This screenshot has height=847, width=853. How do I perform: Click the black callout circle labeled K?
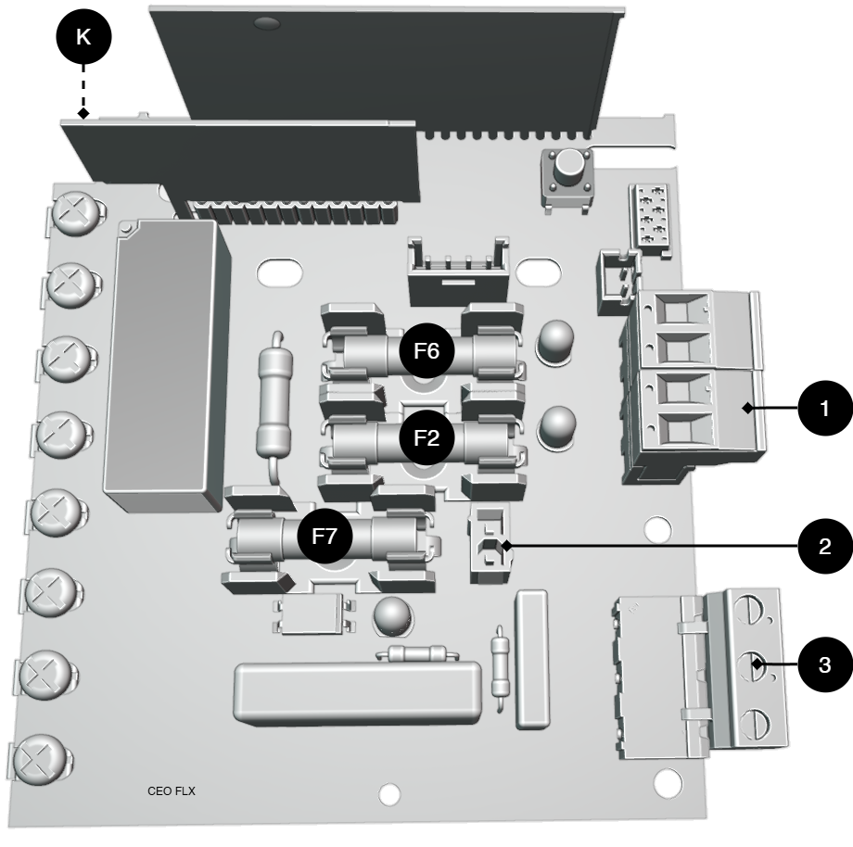pyautogui.click(x=83, y=36)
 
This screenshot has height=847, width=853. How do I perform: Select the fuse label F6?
pyautogui.click(x=426, y=350)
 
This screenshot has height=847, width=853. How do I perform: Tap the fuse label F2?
pyautogui.click(x=426, y=437)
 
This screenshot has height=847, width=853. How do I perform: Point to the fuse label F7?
pyautogui.click(x=325, y=536)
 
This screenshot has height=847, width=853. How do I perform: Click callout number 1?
pyautogui.click(x=824, y=408)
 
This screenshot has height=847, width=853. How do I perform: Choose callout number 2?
pyautogui.click(x=824, y=546)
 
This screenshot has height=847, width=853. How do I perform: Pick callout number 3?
pyautogui.click(x=824, y=664)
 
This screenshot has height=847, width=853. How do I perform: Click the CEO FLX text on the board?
pyautogui.click(x=172, y=791)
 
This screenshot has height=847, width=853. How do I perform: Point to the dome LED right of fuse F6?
pyautogui.click(x=555, y=341)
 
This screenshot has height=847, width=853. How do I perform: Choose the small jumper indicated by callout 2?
pyautogui.click(x=490, y=542)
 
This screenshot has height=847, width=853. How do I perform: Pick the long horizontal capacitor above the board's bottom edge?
pyautogui.click(x=358, y=693)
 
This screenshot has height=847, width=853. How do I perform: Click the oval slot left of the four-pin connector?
pyautogui.click(x=280, y=272)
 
